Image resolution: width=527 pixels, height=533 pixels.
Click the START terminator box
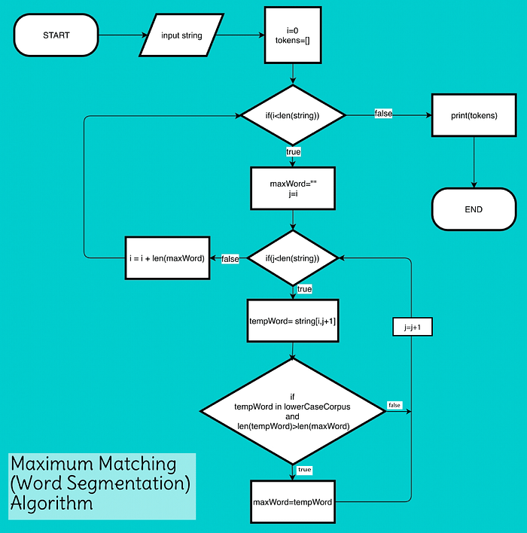click(x=56, y=35)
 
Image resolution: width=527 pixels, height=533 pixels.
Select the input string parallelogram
click(x=181, y=35)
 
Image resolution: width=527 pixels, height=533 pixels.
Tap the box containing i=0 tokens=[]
click(x=293, y=35)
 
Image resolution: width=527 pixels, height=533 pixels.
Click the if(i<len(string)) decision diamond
click(x=293, y=115)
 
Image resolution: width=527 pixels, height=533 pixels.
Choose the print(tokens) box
click(x=474, y=115)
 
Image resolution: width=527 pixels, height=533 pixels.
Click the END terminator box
click(x=474, y=209)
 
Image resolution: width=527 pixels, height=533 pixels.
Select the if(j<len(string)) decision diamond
click(x=293, y=258)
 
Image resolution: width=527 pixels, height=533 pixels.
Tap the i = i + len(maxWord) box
click(x=167, y=258)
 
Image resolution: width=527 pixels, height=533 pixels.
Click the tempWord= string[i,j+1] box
click(x=293, y=321)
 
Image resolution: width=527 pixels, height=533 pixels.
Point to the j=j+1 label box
click(x=412, y=327)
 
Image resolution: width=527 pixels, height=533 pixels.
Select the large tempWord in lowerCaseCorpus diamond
click(x=293, y=411)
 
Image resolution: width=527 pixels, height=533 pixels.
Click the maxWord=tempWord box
click(x=293, y=502)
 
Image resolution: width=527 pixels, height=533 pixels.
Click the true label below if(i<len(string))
click(x=293, y=152)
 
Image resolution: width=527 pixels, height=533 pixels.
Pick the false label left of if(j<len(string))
click(x=230, y=259)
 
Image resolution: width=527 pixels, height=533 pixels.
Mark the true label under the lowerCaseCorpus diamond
click(x=304, y=470)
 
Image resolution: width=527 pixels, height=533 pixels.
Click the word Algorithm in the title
click(x=51, y=503)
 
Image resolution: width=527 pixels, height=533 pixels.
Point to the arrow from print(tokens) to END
click(x=474, y=162)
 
